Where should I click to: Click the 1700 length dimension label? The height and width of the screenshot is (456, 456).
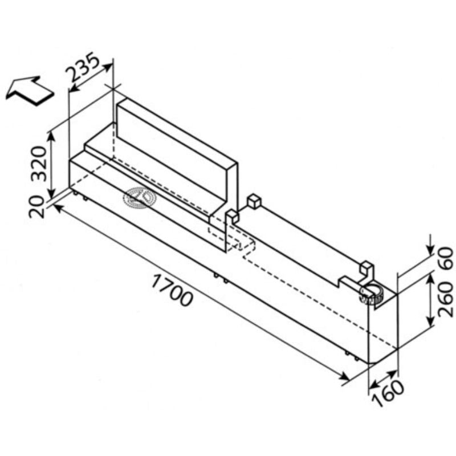[x=172, y=291]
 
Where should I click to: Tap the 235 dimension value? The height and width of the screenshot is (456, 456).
[x=83, y=67]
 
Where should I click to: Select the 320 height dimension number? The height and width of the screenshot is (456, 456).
[x=39, y=164]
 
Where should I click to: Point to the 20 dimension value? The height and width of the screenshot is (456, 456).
[x=36, y=207]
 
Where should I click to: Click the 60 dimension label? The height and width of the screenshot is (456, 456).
[x=446, y=258]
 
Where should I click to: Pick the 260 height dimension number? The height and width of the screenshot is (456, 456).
[x=446, y=299]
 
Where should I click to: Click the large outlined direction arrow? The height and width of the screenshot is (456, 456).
[x=30, y=91]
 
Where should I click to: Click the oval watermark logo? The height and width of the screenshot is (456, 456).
[x=140, y=198]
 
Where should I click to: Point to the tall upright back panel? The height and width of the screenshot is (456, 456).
[x=177, y=151]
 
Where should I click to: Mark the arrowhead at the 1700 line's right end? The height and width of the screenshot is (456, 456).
[x=344, y=376]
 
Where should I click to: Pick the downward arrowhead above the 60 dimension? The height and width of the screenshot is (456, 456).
[x=430, y=251]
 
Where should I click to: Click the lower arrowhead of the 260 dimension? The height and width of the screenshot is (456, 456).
[x=430, y=320]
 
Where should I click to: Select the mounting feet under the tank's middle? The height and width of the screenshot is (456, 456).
[x=221, y=278]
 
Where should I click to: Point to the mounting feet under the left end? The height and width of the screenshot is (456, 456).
[x=80, y=196]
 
